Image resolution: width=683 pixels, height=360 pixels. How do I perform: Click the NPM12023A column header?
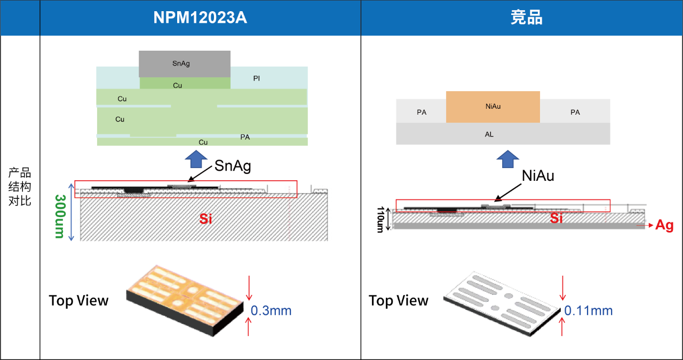pos(200,18)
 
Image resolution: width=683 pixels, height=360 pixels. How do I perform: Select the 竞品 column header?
pos(526,18)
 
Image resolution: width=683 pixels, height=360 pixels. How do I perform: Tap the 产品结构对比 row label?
pos(20,187)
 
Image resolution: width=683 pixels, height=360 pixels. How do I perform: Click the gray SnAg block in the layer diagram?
pos(184,63)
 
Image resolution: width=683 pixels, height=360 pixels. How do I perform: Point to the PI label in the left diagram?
pos(257,78)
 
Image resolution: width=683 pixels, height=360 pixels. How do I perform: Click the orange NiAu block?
pos(493,107)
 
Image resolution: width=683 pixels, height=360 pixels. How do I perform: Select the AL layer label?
pos(489,134)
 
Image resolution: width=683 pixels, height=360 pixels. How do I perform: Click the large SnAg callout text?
pos(233,166)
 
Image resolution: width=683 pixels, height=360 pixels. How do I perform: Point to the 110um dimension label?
pos(380,219)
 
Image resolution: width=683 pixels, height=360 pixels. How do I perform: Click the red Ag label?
pos(664,226)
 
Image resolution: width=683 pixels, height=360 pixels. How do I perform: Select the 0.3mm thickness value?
pos(271,310)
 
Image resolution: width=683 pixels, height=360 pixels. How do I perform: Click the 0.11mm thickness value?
pos(589,310)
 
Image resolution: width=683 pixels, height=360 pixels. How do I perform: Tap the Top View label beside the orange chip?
pos(78,301)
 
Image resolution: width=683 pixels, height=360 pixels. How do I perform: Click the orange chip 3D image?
pos(184,300)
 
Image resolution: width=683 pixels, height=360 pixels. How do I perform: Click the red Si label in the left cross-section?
pos(205,218)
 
